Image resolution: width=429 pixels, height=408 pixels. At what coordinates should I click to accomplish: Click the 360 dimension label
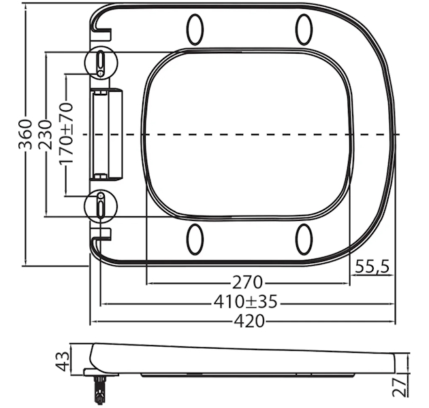[x=25, y=134]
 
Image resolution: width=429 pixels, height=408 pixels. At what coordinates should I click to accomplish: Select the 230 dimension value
[x=45, y=135]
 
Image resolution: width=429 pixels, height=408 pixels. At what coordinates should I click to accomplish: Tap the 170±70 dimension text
[x=67, y=133]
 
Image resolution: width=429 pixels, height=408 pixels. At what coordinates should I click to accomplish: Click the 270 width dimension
[x=248, y=282]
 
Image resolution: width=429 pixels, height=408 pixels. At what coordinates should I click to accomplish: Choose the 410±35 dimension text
[x=245, y=302]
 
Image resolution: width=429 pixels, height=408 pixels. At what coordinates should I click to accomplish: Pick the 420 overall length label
[x=250, y=321]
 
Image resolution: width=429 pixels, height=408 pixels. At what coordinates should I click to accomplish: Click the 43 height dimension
[x=63, y=361]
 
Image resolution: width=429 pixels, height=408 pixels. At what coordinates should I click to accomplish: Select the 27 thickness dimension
[x=399, y=387]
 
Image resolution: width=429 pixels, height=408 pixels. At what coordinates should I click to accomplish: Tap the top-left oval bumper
[x=195, y=29]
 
